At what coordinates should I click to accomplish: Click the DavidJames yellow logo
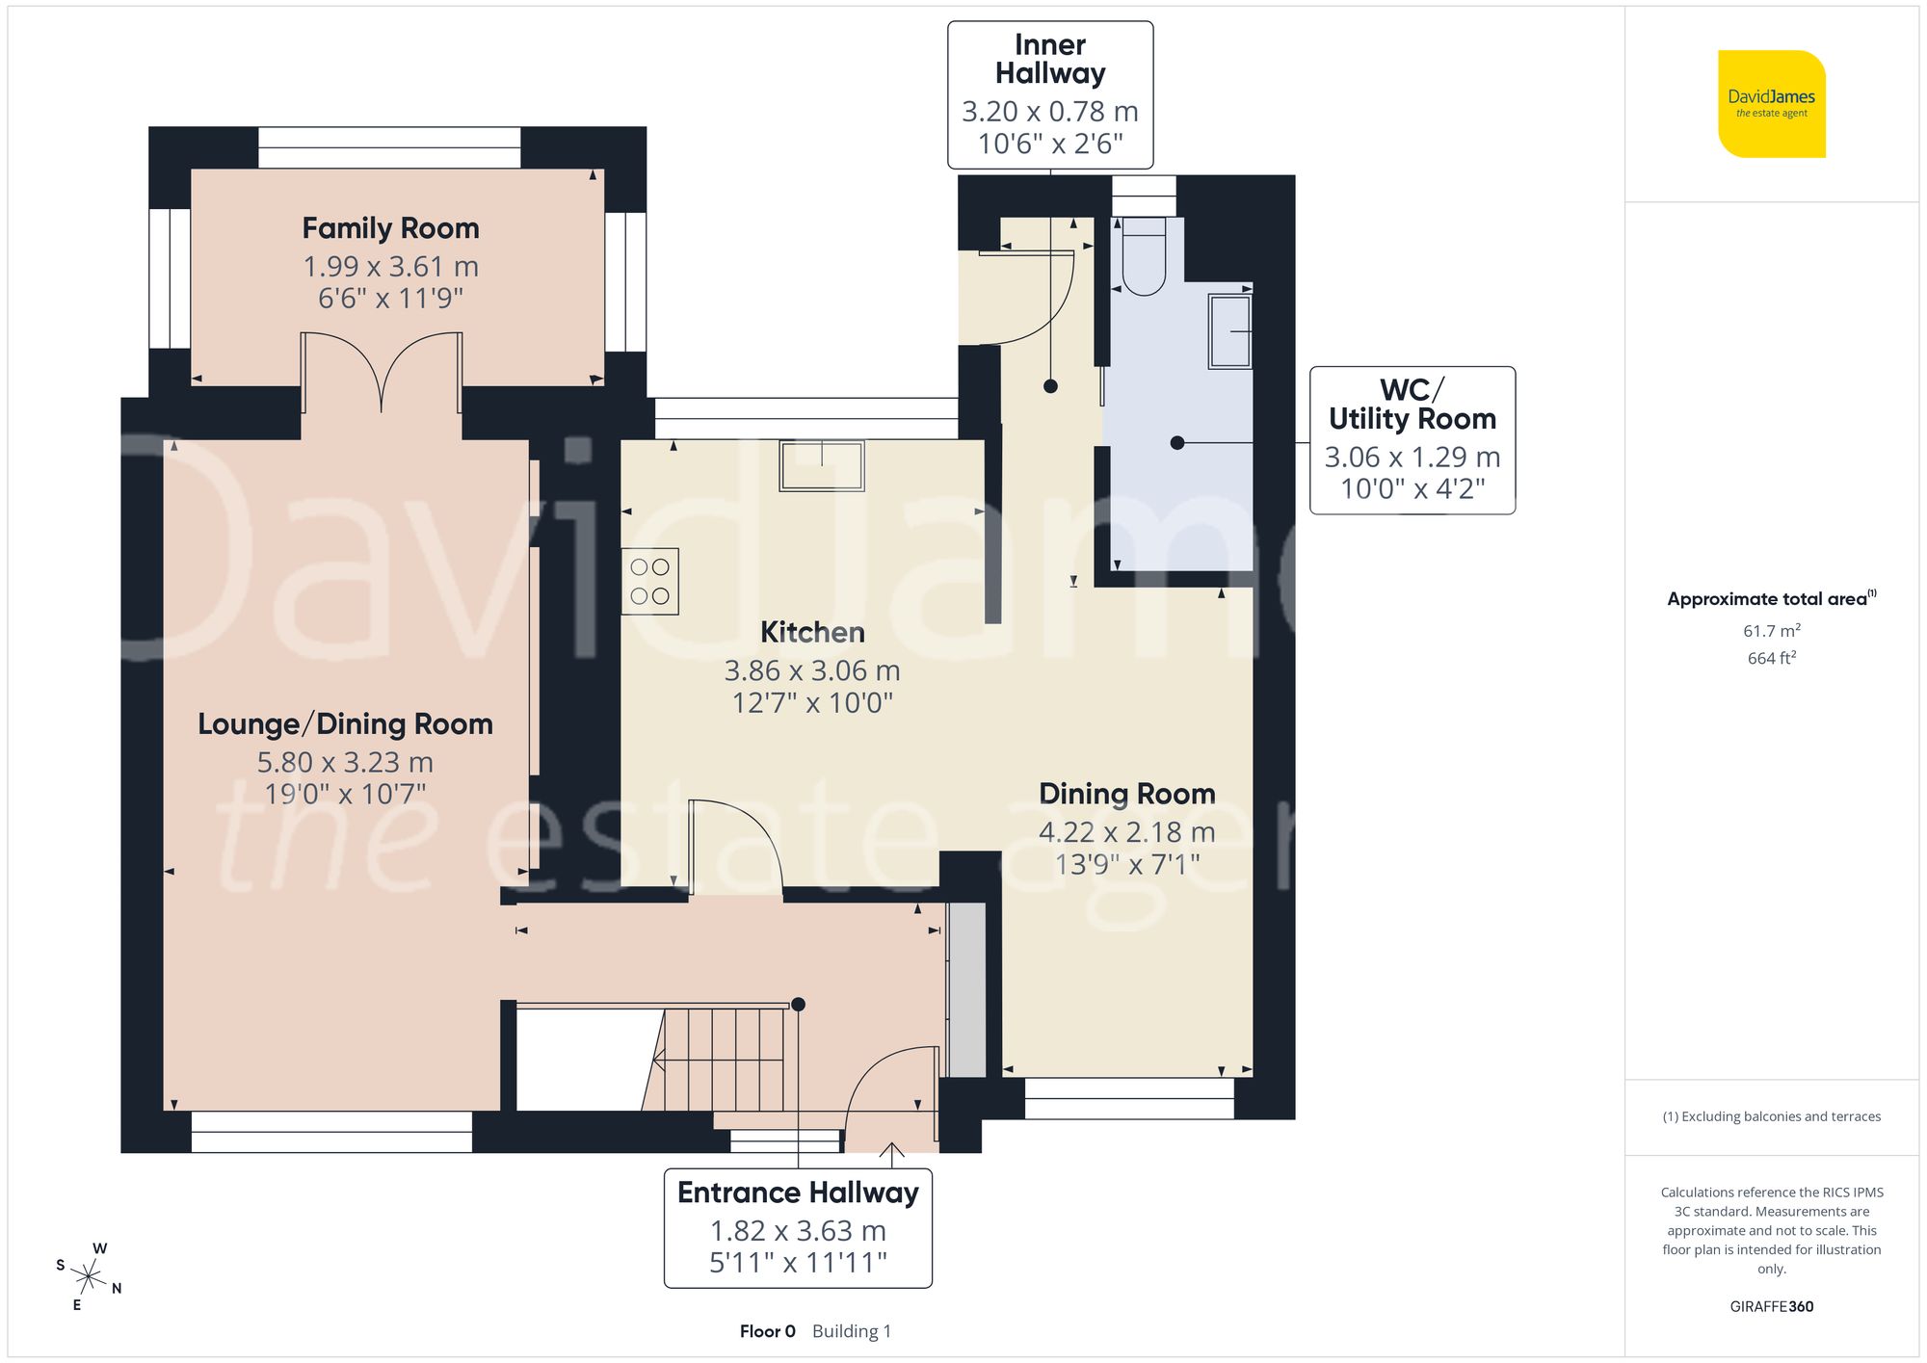click(x=1771, y=104)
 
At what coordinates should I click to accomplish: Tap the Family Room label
click(x=390, y=228)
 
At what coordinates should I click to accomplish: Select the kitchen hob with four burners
click(x=650, y=582)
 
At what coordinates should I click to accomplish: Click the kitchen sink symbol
click(x=822, y=465)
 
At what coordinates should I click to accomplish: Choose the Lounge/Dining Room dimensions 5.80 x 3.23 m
click(x=345, y=762)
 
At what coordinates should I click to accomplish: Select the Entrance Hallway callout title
click(x=798, y=1193)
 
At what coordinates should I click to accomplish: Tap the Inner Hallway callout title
click(x=1050, y=59)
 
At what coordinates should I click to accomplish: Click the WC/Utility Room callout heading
click(x=1412, y=405)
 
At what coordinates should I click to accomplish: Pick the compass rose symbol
click(x=89, y=1278)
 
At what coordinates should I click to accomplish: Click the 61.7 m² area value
click(x=1771, y=631)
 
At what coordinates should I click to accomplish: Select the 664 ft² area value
click(x=1771, y=658)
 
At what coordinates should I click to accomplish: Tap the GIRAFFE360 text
click(x=1771, y=1306)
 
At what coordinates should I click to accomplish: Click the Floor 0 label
click(x=767, y=1331)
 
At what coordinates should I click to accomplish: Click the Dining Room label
click(x=1126, y=794)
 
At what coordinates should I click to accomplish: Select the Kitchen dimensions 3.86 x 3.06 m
click(x=812, y=670)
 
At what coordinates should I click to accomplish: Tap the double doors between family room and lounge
click(x=383, y=371)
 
